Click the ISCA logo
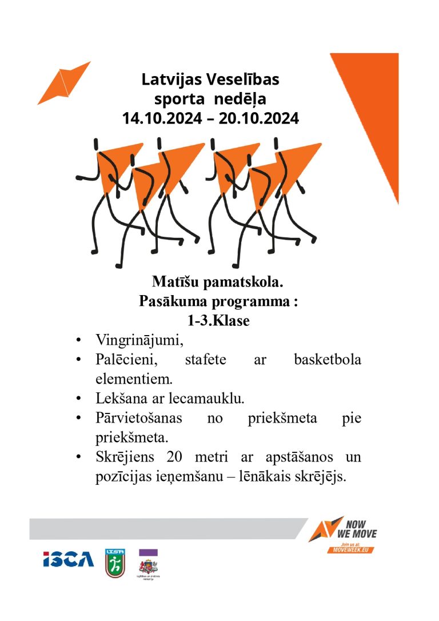(x=68, y=559)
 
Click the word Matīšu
(x=174, y=282)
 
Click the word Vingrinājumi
(x=139, y=341)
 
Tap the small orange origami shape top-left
(x=64, y=83)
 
